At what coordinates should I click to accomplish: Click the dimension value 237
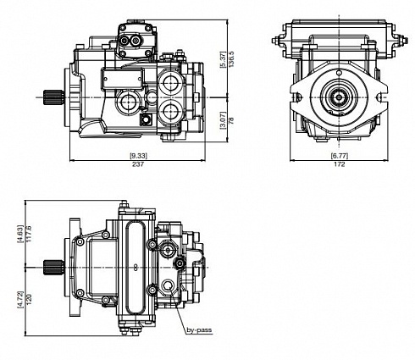click(x=138, y=164)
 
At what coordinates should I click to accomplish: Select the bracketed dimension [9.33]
click(x=138, y=156)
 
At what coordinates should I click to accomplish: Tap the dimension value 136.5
click(x=231, y=59)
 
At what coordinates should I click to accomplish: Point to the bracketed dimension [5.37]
click(x=223, y=59)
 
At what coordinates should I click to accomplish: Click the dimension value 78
click(x=231, y=120)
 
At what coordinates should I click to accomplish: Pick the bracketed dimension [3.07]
click(x=223, y=120)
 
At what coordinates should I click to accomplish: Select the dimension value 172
click(x=340, y=164)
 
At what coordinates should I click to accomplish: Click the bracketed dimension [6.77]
click(x=340, y=156)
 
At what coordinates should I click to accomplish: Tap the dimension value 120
click(x=29, y=299)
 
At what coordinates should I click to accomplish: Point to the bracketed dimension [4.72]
click(x=20, y=299)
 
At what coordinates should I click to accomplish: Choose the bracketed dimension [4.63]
click(x=20, y=234)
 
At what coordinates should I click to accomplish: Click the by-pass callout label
click(x=199, y=330)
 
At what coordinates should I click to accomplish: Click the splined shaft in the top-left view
click(x=53, y=97)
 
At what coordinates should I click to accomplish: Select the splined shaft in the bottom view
click(x=53, y=268)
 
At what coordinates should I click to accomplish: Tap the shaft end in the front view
click(x=339, y=97)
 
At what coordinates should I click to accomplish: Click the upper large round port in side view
click(x=170, y=82)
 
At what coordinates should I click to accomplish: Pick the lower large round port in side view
click(x=170, y=113)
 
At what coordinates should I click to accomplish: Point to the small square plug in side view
click(x=146, y=120)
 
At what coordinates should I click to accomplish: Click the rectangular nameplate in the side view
click(x=123, y=78)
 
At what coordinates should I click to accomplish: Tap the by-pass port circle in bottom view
click(x=169, y=285)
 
